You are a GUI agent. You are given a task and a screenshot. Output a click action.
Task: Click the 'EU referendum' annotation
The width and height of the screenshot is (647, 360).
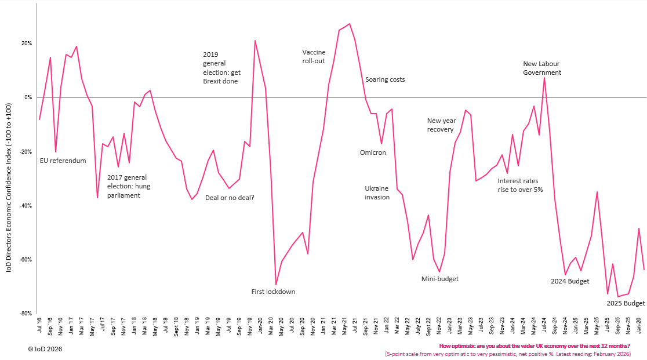(x=63, y=161)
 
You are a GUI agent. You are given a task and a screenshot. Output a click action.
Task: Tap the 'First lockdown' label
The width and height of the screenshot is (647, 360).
(x=273, y=292)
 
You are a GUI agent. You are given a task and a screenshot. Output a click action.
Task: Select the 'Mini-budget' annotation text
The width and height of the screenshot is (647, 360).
(x=439, y=279)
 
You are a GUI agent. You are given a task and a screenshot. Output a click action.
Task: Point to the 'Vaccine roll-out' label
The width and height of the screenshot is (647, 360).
(x=314, y=56)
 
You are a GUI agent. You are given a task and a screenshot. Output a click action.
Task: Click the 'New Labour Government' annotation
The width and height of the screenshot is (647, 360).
(x=542, y=68)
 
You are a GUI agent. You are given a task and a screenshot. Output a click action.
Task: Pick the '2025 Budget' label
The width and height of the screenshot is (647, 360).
(x=626, y=303)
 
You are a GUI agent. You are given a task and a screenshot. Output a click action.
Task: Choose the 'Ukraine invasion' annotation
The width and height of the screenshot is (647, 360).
(x=377, y=192)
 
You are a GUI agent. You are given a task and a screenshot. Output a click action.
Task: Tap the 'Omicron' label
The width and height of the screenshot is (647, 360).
(x=373, y=152)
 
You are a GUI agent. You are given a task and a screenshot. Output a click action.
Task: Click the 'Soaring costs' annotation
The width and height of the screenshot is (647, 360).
(x=385, y=79)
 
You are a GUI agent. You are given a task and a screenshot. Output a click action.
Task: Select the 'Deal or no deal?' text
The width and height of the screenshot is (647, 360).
(x=230, y=198)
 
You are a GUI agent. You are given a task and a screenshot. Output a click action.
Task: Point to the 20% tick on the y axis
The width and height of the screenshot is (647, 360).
(x=27, y=43)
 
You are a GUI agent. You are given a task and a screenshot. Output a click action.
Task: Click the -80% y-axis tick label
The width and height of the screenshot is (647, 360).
(x=26, y=313)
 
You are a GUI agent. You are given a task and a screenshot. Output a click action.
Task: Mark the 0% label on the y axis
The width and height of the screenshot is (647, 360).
(x=28, y=97)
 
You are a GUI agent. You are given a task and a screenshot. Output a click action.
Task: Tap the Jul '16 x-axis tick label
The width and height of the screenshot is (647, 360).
(x=39, y=328)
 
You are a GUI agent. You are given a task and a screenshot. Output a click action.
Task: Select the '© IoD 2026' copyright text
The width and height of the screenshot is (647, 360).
(x=45, y=349)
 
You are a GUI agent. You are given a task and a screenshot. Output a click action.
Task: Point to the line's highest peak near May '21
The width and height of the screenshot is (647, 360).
(x=349, y=24)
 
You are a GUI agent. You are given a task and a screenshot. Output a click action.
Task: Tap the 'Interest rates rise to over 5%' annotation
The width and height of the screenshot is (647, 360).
(x=520, y=185)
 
